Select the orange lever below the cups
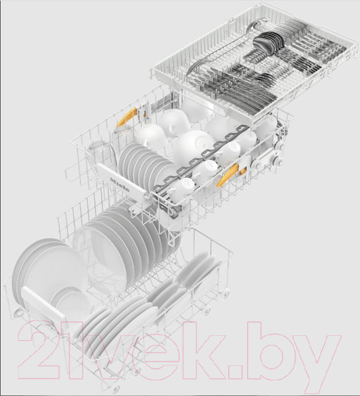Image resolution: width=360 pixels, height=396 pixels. pos(228,176)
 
